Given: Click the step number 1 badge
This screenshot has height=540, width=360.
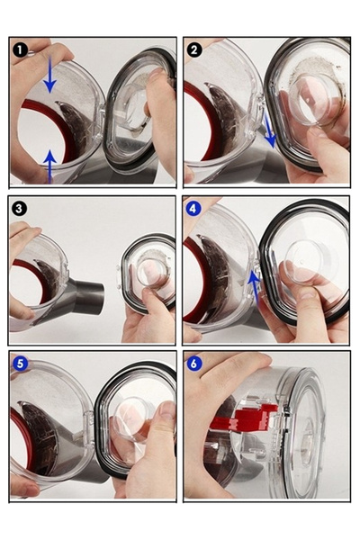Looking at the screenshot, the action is point(21,50).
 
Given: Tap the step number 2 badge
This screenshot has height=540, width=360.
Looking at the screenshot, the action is point(194,50).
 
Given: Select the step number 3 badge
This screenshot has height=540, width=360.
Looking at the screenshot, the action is point(19,209).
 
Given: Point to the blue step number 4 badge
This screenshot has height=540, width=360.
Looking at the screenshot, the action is point(193,209).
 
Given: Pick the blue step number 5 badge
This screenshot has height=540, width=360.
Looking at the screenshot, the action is point(21,364).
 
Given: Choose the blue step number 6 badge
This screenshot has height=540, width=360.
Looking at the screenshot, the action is point(194,364).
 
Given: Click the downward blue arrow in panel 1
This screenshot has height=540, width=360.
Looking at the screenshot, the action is point(50,75).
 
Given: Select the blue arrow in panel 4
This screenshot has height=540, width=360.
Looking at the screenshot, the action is point(254,287).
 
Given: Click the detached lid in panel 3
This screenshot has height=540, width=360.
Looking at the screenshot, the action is point(148,274).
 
